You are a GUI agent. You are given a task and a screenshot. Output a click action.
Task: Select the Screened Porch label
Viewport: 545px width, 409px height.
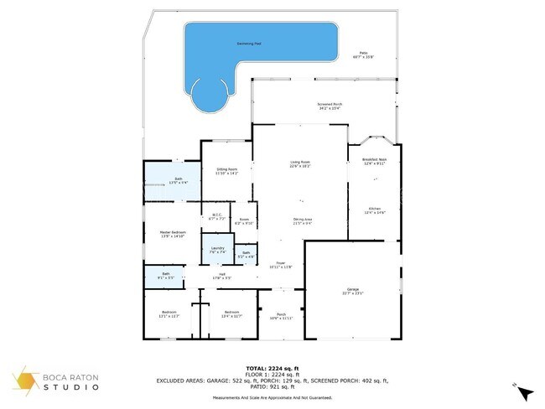pos(330,106)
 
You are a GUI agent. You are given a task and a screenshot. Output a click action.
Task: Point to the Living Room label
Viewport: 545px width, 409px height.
pos(300,164)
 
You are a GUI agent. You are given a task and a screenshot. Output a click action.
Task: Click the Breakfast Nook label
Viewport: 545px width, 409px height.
pos(374,161)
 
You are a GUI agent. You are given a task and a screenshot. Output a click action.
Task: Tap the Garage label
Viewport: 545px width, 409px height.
pos(352,290)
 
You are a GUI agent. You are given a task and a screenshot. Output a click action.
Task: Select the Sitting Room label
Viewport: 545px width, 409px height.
pos(226,171)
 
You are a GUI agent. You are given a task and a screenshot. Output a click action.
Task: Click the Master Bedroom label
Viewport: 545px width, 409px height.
pos(173,234)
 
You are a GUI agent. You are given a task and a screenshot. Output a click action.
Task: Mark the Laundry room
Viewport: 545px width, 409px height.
pos(216,250)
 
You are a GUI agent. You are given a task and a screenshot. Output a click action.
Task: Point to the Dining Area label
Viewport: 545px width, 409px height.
pos(303,221)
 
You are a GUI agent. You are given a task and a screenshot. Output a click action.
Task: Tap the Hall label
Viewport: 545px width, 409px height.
pos(222,275)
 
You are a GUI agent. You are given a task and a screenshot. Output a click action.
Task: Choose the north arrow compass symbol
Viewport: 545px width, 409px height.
pos(524,391)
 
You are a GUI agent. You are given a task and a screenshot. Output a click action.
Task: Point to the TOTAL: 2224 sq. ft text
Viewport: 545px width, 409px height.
pos(272,368)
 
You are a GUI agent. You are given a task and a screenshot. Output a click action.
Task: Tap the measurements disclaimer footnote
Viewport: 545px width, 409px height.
pos(272,397)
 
